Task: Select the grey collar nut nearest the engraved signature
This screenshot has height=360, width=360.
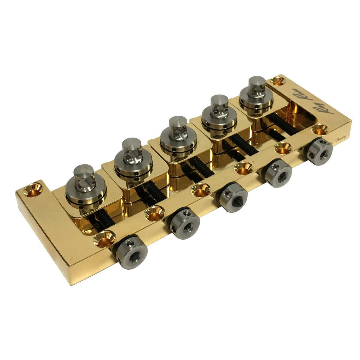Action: (320, 152)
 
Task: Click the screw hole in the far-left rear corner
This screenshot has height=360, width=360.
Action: (33, 190)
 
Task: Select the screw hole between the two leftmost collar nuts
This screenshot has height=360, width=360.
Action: (155, 213)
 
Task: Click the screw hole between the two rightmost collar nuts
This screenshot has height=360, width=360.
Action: (283, 148)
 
